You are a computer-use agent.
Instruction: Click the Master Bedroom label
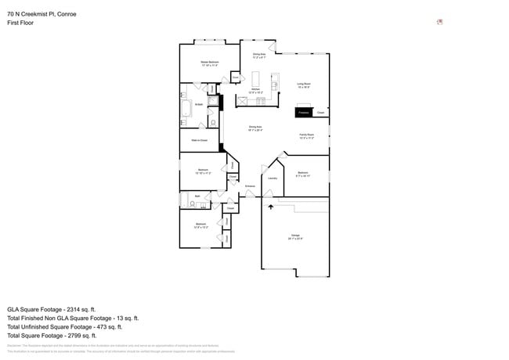[x=209, y=63]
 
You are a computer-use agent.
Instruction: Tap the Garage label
[x=295, y=236]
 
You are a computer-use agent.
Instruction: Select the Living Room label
[x=304, y=85]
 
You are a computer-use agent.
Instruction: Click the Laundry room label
[x=273, y=178]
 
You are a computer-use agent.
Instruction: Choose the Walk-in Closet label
[x=199, y=140]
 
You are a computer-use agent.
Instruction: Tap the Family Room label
[x=306, y=135]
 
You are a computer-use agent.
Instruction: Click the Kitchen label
[x=255, y=91]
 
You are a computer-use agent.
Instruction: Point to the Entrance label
[x=250, y=185]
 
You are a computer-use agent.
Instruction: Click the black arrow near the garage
[x=271, y=206]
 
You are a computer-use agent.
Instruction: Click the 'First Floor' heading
[x=21, y=23]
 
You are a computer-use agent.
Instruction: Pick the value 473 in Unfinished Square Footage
[x=103, y=326]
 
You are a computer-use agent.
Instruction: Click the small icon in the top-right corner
[x=440, y=22]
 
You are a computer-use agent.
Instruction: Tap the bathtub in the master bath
[x=186, y=110]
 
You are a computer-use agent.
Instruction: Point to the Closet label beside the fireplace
[x=321, y=113]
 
